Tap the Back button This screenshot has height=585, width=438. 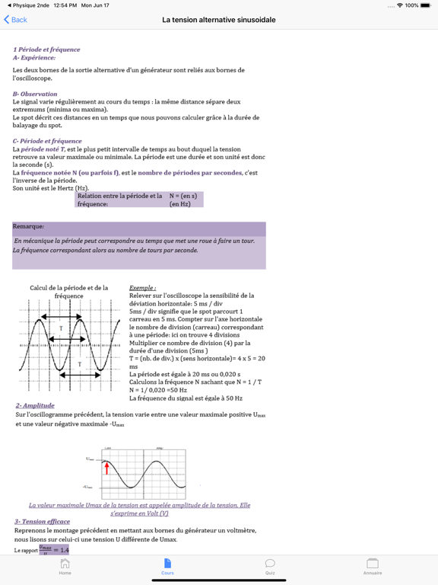coord(15,20)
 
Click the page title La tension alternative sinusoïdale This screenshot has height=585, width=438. coord(219,20)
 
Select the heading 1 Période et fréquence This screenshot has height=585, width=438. coord(46,50)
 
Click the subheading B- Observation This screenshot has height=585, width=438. coord(35,94)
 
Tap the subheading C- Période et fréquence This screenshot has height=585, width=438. coord(47,141)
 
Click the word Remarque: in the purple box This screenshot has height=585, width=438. coord(29,226)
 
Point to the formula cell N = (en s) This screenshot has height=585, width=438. coord(182,196)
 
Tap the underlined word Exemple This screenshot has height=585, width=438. coord(142,289)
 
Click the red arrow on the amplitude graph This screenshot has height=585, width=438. coord(106,467)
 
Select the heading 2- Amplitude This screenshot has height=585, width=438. coord(35,406)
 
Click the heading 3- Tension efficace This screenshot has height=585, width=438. coord(42,522)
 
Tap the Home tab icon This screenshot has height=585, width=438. coord(65,564)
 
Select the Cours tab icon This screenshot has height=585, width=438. coord(167,564)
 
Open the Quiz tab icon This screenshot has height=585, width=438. coord(270,564)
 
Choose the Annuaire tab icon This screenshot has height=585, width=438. coord(373,564)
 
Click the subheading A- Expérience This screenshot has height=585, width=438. coord(34,57)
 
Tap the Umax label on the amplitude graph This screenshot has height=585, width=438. coord(90,459)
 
